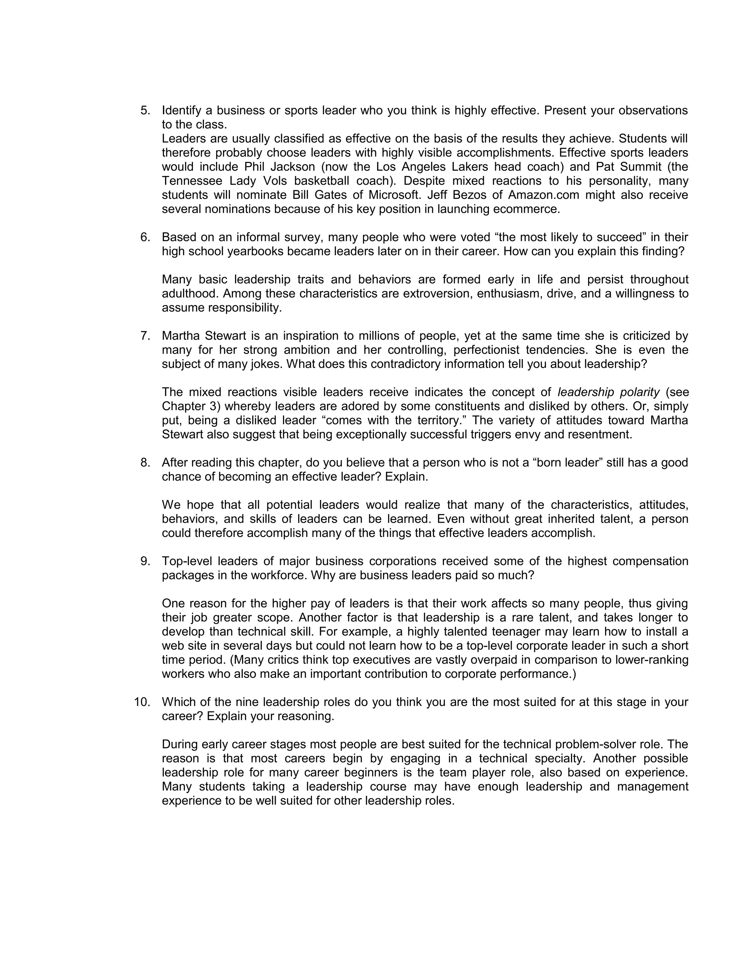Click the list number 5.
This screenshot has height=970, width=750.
(145, 110)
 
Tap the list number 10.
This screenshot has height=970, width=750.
(142, 702)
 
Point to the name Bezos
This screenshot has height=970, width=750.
(469, 195)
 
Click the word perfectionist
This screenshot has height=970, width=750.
(485, 350)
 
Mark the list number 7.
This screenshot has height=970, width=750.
(145, 336)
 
